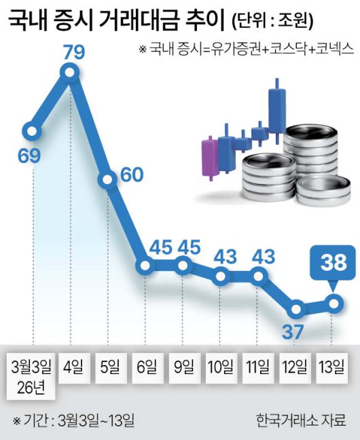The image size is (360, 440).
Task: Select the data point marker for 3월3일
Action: coord(33,129)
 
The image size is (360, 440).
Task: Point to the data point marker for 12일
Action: coord(295,310)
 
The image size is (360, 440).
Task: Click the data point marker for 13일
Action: coord(334,302)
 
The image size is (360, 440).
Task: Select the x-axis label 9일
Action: coord(183,368)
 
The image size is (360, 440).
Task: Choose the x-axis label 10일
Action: coord(221,368)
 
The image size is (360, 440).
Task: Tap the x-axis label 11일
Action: coord(258,368)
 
